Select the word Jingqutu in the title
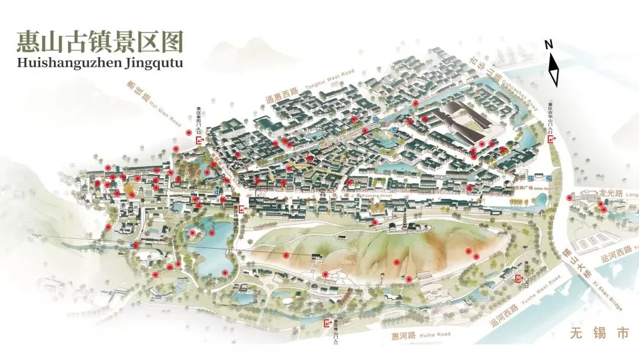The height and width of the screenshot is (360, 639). [153, 62]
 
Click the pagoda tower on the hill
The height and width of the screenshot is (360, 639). [405, 221]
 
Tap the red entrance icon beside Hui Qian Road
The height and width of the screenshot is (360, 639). [199, 140]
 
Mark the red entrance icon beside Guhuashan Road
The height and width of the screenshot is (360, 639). [551, 139]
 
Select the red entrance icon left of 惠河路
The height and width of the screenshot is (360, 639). [327, 323]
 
